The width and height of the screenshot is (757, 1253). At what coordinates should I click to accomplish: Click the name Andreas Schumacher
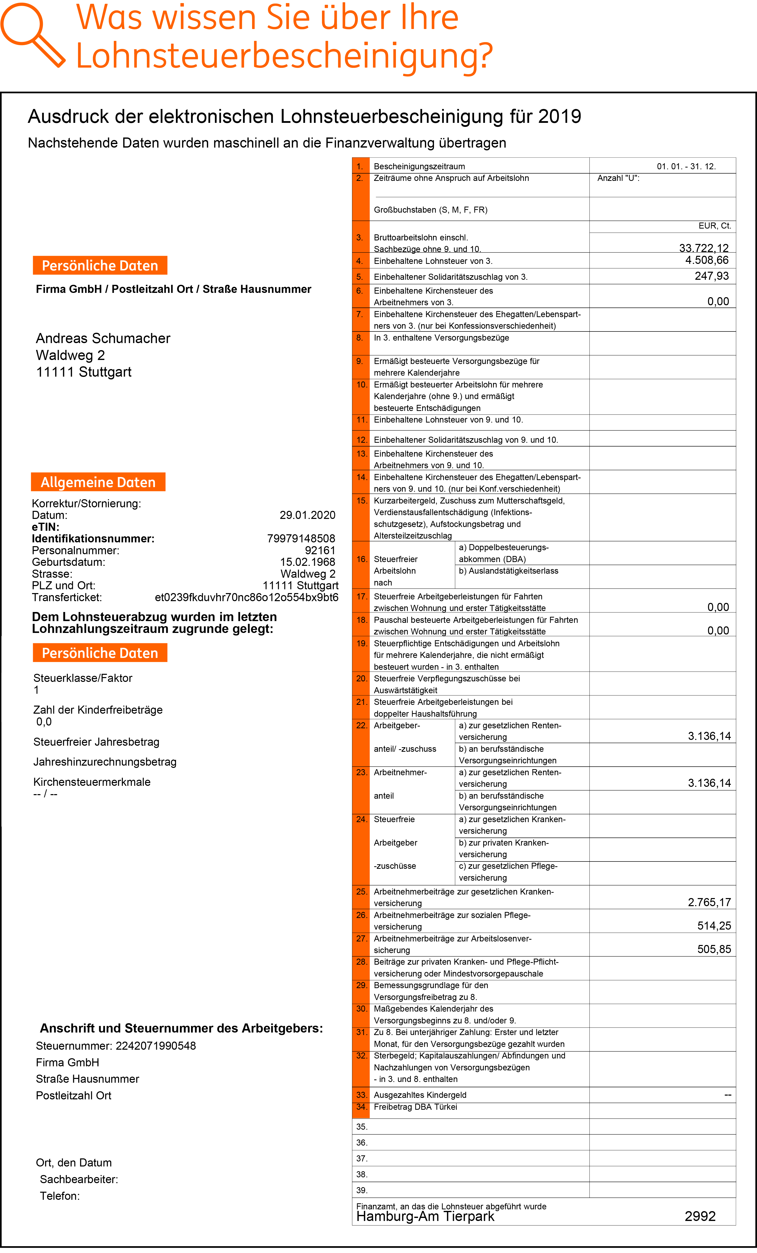point(103,338)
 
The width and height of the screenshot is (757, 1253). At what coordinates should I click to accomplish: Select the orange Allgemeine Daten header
point(98,482)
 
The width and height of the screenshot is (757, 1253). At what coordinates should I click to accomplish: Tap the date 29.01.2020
point(307,515)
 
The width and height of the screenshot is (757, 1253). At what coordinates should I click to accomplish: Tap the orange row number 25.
point(361,892)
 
